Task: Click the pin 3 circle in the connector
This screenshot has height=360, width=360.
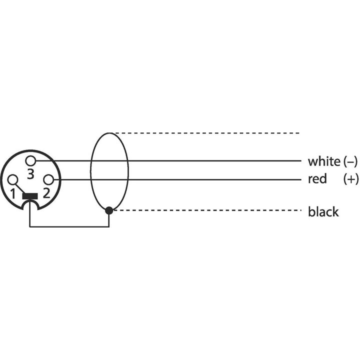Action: [32, 160]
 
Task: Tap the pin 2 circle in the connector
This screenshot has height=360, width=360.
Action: [47, 179]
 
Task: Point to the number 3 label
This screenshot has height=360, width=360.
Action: [30, 174]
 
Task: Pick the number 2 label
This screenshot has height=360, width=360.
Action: [45, 193]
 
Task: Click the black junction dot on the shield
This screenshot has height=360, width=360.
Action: [109, 210]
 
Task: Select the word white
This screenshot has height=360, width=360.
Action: [323, 161]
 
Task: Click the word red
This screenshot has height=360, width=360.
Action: [317, 179]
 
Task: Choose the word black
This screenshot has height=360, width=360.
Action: [323, 212]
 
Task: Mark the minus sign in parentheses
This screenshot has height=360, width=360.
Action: [351, 161]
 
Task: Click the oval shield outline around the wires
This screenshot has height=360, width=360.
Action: [90, 170]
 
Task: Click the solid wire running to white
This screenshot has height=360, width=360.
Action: [200, 160]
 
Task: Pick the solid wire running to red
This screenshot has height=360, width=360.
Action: [200, 179]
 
